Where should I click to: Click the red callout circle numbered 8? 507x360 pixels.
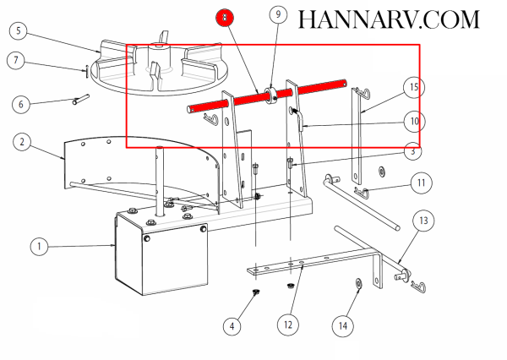point(225,18)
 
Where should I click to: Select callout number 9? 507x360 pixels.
point(278,14)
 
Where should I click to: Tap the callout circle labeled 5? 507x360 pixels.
point(19,30)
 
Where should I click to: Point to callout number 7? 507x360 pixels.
point(16,60)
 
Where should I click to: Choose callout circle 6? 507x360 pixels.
point(21,104)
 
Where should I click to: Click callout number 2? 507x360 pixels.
point(22,142)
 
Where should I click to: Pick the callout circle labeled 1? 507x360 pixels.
point(39,247)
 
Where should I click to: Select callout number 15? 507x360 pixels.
point(414,87)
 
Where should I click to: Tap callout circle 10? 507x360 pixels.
point(414,122)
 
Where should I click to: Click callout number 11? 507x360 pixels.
point(421,183)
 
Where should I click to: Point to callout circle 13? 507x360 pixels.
point(423,221)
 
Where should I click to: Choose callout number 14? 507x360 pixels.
point(343,326)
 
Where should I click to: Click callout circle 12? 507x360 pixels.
point(288,325)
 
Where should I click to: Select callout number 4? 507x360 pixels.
point(232,326)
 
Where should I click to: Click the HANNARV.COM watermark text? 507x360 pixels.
point(389,19)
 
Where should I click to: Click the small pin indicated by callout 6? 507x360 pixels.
point(81,100)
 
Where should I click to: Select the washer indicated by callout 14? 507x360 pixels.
point(358,284)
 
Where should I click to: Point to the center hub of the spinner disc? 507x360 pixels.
point(159,57)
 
